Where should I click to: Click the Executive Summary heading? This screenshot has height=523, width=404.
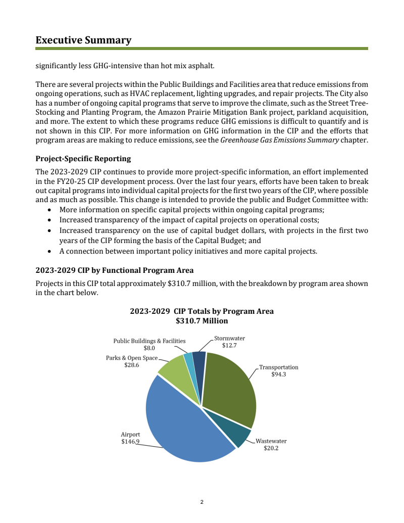83,40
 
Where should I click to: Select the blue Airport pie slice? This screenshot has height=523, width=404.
182,424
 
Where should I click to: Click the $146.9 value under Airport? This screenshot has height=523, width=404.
130,442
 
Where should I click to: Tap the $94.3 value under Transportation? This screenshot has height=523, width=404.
279,374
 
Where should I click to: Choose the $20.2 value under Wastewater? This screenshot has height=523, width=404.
271,448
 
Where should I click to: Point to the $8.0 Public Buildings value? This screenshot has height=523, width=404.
149,348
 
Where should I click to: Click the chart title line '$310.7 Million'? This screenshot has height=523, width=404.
201,321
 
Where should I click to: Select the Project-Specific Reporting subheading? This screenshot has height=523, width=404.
83,159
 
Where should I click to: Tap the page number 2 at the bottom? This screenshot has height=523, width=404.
201,502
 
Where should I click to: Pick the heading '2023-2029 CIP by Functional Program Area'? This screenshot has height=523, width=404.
114,270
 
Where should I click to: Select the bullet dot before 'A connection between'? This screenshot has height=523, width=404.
49,251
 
